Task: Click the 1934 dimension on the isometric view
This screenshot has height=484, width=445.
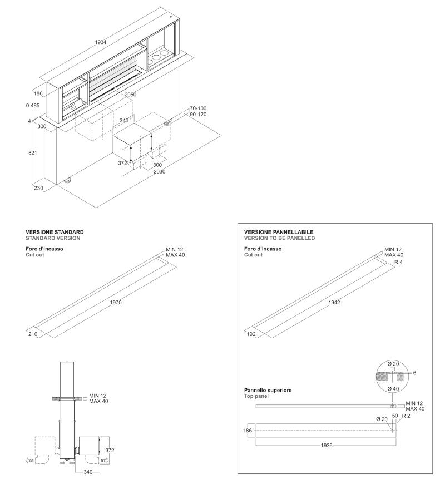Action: (101, 42)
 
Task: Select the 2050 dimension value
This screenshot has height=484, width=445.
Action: (130, 95)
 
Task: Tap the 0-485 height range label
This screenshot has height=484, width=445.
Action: (33, 105)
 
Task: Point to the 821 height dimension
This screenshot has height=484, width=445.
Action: (33, 153)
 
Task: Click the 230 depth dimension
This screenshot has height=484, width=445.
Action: (38, 188)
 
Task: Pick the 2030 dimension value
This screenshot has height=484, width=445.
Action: (159, 171)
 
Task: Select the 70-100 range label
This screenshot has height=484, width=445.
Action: (198, 108)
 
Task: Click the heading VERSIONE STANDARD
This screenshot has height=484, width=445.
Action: (55, 232)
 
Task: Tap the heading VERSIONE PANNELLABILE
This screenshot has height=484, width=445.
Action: (279, 232)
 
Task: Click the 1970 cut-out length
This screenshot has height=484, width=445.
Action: (116, 303)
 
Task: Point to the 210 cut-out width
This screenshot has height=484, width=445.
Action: (33, 334)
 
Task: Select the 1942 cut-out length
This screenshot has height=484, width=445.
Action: (334, 303)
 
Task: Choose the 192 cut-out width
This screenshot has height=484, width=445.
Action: (251, 334)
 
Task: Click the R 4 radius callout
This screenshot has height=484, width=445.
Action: (398, 262)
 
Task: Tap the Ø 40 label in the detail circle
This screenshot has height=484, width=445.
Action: (393, 389)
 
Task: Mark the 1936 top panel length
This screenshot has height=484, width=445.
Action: (327, 445)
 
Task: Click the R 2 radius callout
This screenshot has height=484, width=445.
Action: (406, 416)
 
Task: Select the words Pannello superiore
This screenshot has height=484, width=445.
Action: (268, 390)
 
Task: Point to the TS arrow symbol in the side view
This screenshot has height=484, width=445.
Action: (29, 461)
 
